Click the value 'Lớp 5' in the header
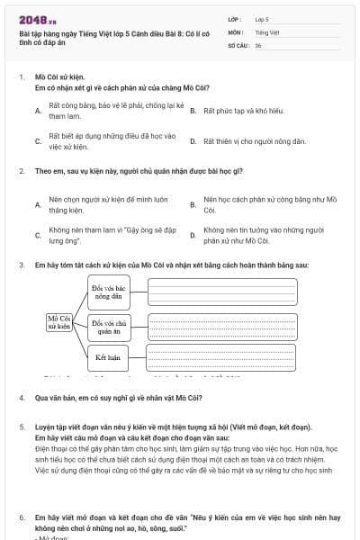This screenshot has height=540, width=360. [262, 18]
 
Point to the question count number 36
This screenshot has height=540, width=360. [257, 44]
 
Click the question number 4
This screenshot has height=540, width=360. [21, 397]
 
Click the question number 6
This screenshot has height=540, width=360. [21, 517]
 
